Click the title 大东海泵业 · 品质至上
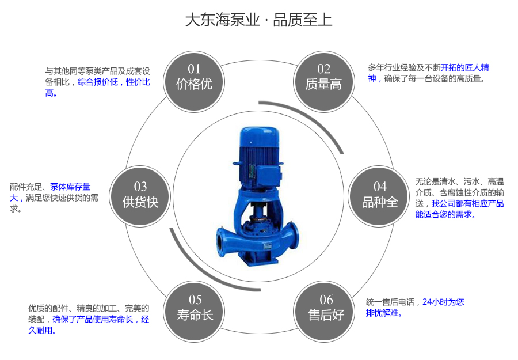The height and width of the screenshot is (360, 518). pos(258,20)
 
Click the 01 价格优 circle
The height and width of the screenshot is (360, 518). pos(195,78)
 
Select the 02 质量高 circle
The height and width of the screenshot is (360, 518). pos(323,78)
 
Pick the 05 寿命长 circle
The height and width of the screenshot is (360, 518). pos(195,308)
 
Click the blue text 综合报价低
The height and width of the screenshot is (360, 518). pos(97,82)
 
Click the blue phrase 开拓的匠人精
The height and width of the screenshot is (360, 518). pos(465,68)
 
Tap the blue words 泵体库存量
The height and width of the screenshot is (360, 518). pos(70,187)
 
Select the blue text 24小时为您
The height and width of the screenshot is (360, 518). pos(443,302)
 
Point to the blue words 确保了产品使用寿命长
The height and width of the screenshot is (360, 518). pos(93,319)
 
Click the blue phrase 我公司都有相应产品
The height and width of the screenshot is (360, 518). pos(467,203)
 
